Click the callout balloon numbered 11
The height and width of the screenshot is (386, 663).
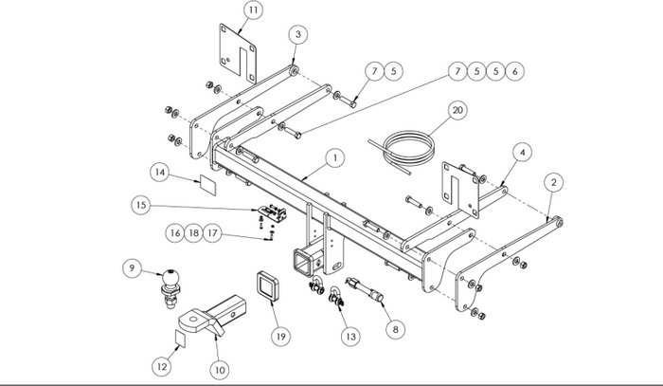253,10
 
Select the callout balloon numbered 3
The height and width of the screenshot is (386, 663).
298,34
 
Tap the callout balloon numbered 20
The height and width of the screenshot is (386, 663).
457,110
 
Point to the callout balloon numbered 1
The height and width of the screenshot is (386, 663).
335,158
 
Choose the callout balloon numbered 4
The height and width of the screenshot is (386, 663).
522,153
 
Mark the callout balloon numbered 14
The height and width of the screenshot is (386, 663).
160,172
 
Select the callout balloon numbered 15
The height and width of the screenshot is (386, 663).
141,205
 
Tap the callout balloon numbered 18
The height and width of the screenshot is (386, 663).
193,233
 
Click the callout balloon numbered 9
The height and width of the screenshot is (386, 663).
133,267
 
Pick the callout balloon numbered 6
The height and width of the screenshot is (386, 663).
514,71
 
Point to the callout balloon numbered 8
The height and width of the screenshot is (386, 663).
395,329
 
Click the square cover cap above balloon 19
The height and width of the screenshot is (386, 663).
267,285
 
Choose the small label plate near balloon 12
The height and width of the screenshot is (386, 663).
181,339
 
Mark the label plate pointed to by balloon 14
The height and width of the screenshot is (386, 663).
207,185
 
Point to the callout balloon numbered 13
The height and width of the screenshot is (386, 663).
350,337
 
